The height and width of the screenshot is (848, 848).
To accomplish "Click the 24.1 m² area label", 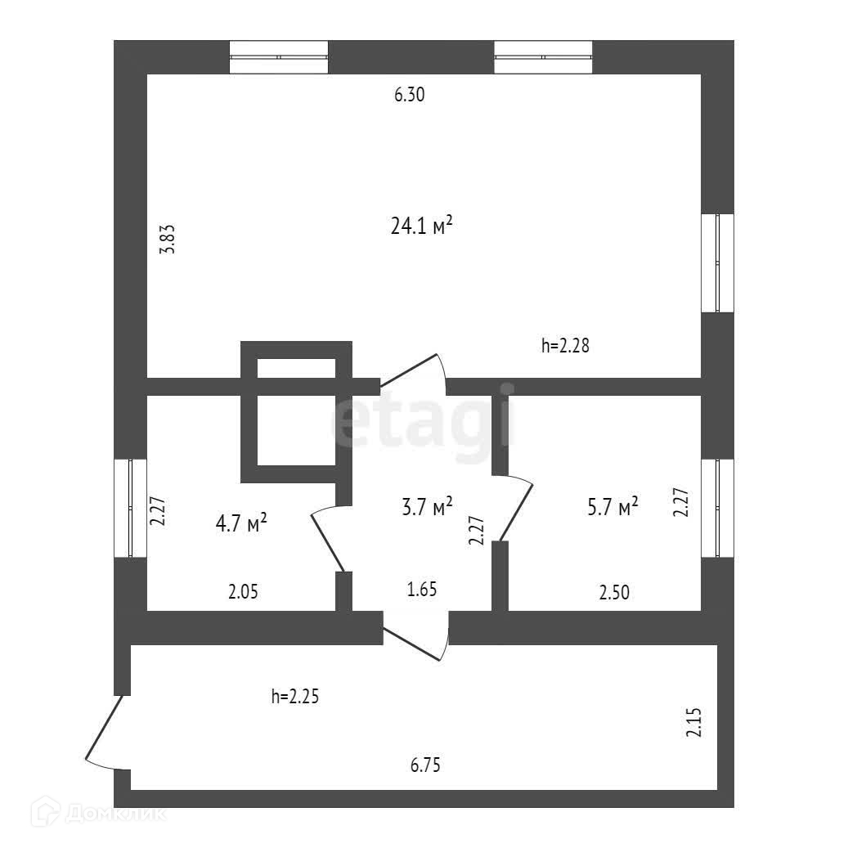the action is click(422, 227).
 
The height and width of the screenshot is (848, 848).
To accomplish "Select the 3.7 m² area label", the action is click(427, 508).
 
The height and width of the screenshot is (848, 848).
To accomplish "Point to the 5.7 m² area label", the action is click(612, 508).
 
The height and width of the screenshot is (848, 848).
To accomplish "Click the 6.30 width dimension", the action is click(410, 95).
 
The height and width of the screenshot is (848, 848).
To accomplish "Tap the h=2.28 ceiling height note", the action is click(565, 346).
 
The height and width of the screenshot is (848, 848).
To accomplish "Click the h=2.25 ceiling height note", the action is click(294, 697).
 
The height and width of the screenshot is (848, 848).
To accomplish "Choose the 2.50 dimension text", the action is click(613, 594).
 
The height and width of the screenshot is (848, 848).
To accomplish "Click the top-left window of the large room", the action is click(278, 56).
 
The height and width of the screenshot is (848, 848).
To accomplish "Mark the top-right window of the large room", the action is click(543, 56).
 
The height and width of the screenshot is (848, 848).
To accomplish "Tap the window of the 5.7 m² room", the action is click(717, 509).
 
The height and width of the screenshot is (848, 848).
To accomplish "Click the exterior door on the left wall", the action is click(105, 732).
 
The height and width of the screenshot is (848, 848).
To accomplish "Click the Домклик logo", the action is click(98, 814).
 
